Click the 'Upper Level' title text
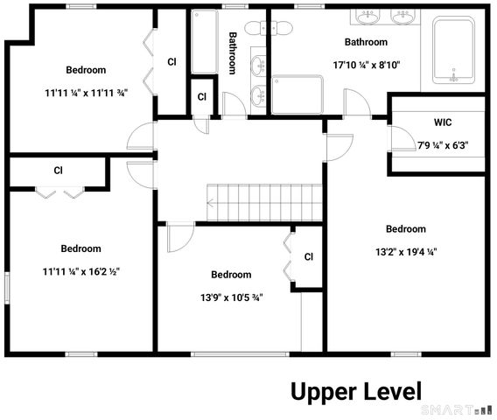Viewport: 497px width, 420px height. tap(356, 391)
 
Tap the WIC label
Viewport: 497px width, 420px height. tap(442, 122)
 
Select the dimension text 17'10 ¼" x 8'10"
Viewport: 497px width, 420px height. tap(365, 65)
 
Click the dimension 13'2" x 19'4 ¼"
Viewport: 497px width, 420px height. tap(406, 251)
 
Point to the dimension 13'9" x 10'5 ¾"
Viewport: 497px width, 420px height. tap(231, 297)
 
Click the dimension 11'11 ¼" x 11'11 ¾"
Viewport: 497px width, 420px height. tap(85, 92)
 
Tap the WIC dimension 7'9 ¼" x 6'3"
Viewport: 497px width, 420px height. tap(443, 145)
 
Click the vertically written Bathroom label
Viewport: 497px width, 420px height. tap(234, 53)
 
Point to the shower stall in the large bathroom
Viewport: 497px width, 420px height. tap(297, 94)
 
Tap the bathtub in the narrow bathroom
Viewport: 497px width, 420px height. tap(205, 41)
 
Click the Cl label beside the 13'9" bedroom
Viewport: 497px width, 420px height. tap(308, 257)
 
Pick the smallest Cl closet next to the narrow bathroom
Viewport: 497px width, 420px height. tap(202, 96)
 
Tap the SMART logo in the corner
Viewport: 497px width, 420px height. tap(456, 409)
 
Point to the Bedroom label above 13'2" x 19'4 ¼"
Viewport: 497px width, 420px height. tap(406, 229)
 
